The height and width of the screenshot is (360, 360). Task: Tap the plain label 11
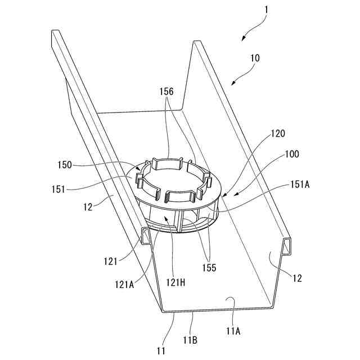point(161,351)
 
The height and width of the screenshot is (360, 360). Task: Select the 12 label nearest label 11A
point(297,278)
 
